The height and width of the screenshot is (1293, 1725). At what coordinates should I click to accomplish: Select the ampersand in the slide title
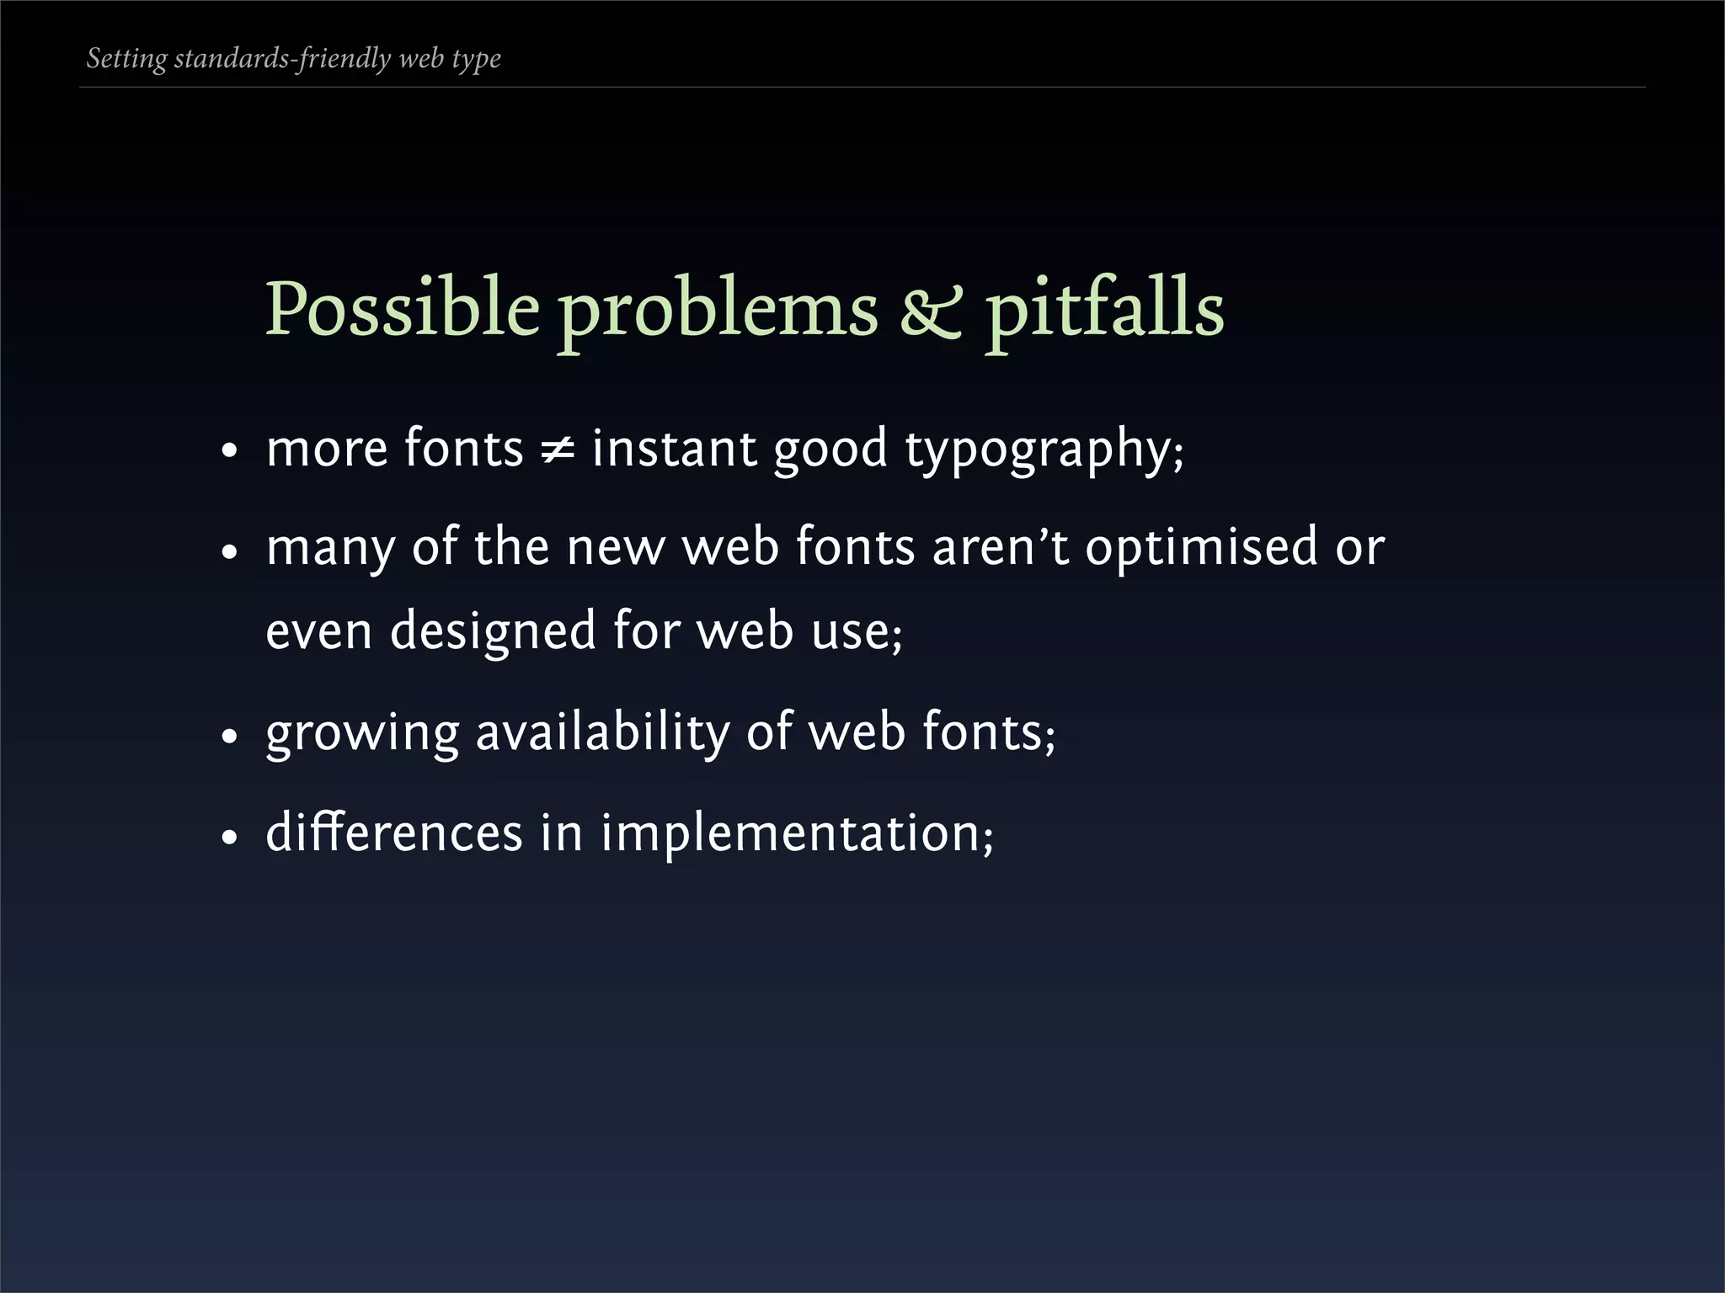[931, 311]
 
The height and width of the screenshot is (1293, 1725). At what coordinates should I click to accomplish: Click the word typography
[1044, 450]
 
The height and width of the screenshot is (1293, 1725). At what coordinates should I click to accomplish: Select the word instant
[672, 448]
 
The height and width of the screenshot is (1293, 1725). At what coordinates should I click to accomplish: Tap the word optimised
[1201, 547]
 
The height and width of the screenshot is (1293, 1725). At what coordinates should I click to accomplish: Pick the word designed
[493, 631]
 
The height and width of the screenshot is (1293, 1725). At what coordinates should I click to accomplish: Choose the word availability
[602, 732]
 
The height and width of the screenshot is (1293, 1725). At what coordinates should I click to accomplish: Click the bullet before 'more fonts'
[228, 452]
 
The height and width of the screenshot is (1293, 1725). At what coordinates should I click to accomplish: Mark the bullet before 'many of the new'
[228, 553]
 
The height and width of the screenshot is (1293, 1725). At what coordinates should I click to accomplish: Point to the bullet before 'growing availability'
[228, 737]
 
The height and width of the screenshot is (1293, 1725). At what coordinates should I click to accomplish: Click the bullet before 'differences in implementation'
[228, 838]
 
